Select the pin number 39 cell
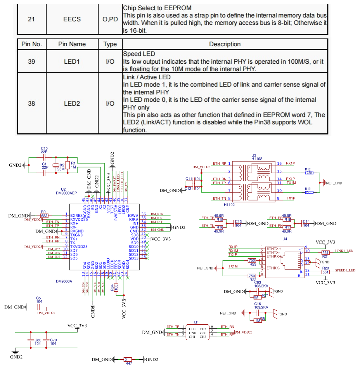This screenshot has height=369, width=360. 31,62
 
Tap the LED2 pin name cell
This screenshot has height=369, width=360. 71,104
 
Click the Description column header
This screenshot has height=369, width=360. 225,44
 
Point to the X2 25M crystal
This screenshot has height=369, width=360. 56,166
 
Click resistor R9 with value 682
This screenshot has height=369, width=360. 44,215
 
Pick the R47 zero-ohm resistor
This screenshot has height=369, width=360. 128,360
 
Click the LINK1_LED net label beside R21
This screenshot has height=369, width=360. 344,251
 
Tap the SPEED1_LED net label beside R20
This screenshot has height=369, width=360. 345,270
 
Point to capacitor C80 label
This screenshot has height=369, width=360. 37,340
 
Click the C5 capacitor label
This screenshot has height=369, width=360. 39,298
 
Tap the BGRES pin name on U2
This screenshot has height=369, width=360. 76,215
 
